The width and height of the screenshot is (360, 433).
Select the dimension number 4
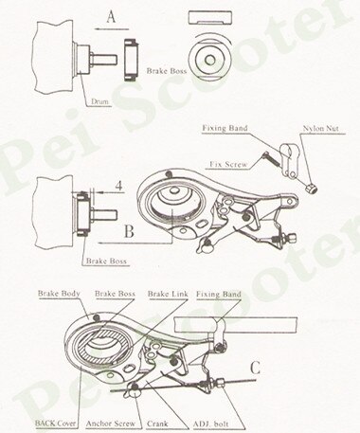[x=118, y=185]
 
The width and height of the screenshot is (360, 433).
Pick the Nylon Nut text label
[x=320, y=126]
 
